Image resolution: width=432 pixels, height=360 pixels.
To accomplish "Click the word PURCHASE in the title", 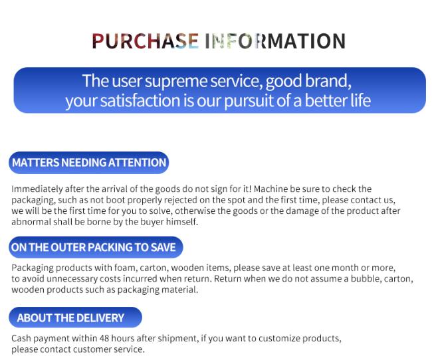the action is click(x=145, y=41).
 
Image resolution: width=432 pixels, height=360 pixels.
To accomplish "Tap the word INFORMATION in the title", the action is click(x=275, y=41).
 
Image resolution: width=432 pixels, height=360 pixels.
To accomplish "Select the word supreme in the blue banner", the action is click(x=175, y=82).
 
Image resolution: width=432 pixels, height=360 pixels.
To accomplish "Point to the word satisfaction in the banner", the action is click(x=140, y=100).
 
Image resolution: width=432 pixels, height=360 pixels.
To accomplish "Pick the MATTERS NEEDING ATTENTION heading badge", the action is click(x=88, y=163).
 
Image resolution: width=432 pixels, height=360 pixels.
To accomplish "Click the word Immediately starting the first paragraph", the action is click(x=37, y=189).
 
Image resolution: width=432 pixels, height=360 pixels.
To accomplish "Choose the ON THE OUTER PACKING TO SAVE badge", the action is click(x=96, y=247).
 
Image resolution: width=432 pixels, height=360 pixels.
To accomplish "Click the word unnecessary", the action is click(x=72, y=279).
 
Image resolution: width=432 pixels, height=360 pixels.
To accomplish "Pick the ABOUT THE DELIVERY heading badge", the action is click(x=76, y=317).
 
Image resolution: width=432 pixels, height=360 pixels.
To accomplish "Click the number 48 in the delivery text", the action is click(x=104, y=338).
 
